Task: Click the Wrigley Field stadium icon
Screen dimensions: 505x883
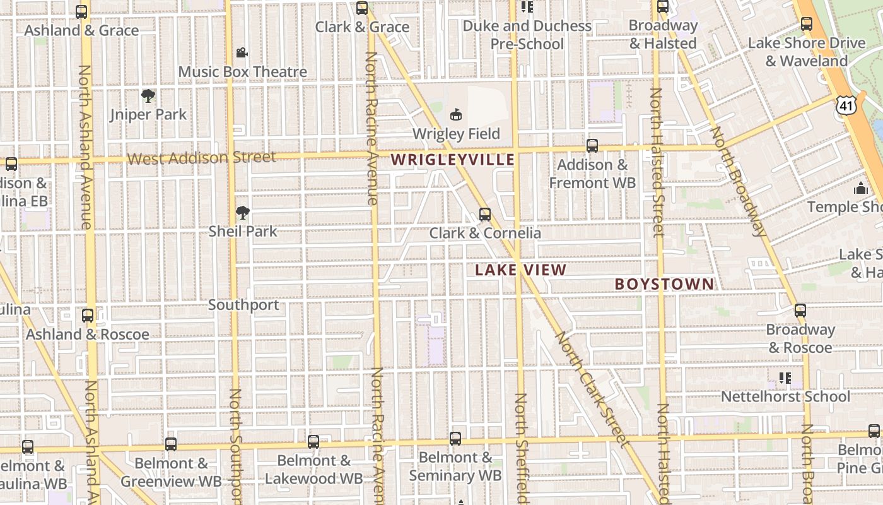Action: coord(456,115)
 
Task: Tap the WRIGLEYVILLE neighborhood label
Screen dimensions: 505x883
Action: coord(453,160)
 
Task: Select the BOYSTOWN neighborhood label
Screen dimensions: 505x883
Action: coord(665,284)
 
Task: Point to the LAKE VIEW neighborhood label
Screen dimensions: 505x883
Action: coord(520,270)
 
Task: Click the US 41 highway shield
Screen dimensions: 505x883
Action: coord(846,105)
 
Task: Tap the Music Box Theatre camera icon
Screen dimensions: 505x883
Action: coord(242,53)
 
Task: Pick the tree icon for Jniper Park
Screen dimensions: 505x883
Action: coord(148,96)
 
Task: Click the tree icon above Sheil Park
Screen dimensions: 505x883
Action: coord(243,213)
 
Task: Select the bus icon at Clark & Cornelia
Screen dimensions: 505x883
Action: coord(484,215)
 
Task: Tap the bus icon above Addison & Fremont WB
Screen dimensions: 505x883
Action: coord(592,146)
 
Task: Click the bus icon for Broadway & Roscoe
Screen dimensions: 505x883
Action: coord(800,311)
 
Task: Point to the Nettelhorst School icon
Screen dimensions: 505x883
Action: coord(785,378)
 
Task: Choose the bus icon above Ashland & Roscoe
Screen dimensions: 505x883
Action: coord(88,315)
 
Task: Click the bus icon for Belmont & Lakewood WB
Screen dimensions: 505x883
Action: coord(313,442)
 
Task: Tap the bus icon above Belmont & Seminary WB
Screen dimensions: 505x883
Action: coord(455,438)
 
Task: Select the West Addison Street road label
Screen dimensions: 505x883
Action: coord(202,157)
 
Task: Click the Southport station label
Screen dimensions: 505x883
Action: coord(243,305)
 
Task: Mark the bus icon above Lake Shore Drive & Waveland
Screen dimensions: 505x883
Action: coord(806,24)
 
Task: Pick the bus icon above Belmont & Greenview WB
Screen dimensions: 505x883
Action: coord(171,444)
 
